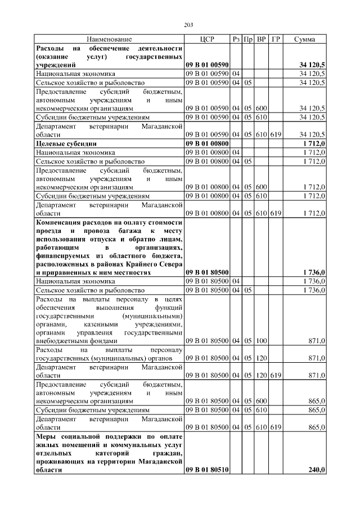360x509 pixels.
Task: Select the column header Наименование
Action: pos(109,39)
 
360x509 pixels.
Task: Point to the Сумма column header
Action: pos(304,39)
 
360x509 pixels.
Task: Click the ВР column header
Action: pos(261,39)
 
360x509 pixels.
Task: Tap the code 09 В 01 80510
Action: pos(206,470)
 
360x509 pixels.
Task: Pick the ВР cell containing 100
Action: pos(261,341)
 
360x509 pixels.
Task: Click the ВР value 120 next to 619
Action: pos(261,375)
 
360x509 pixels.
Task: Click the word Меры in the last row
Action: pos(46,436)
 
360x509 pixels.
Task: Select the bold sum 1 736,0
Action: pos(314,272)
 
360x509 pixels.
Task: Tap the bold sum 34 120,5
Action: pos(312,66)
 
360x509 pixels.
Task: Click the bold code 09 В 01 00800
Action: pos(206,143)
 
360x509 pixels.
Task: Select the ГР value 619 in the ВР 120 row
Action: pos(276,375)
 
